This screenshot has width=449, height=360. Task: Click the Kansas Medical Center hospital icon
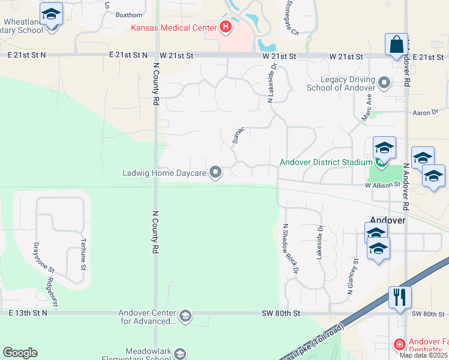(x=226, y=26)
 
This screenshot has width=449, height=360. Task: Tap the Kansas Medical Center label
(x=175, y=28)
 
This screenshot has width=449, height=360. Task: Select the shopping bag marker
(x=396, y=45)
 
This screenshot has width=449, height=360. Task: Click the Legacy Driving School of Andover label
(x=340, y=83)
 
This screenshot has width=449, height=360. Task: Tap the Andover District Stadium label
(x=327, y=162)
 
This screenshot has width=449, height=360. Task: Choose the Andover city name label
(x=388, y=220)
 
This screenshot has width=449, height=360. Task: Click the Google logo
(x=20, y=353)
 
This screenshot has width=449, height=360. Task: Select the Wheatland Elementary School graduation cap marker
(x=51, y=14)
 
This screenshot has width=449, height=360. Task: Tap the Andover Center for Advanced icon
(x=185, y=316)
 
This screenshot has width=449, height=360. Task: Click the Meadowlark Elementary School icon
(x=180, y=354)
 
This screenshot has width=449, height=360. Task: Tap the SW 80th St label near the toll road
(x=280, y=313)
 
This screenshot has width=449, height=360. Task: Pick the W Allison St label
(x=382, y=185)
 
